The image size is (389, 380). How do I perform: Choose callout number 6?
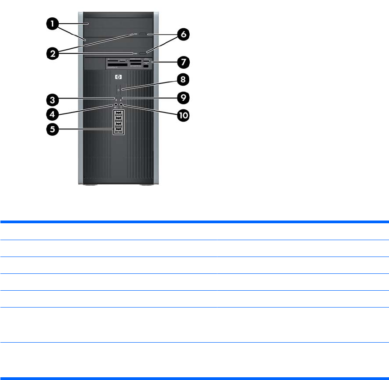click(x=183, y=34)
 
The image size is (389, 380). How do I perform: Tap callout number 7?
click(x=183, y=61)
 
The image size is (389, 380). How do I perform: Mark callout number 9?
click(x=183, y=97)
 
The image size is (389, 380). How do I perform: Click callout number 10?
click(x=183, y=115)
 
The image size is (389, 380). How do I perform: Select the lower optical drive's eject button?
click(x=145, y=54)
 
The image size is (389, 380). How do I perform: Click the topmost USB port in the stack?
click(x=118, y=113)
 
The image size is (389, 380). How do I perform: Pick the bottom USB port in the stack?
click(x=118, y=131)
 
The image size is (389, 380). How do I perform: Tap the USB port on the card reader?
click(x=145, y=61)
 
